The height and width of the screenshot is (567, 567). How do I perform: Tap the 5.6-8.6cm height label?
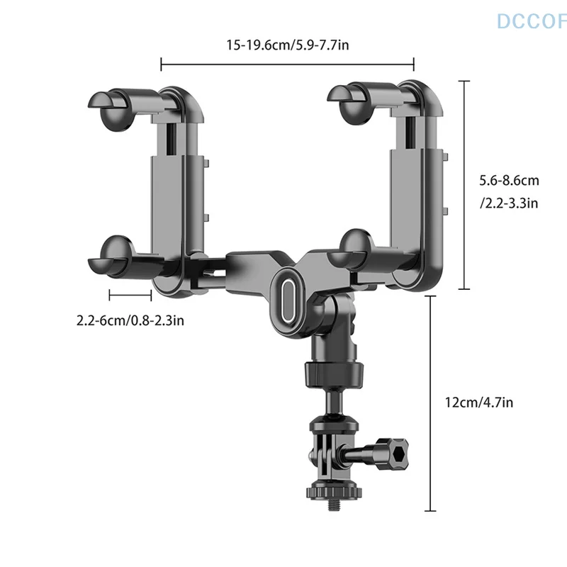click(x=506, y=181)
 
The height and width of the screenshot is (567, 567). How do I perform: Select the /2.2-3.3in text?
click(x=509, y=203)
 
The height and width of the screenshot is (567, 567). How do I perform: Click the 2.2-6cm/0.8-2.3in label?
click(x=130, y=320)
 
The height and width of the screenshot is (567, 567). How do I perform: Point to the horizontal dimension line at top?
click(x=287, y=66)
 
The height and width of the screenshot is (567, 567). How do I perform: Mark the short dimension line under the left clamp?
click(x=130, y=292)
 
